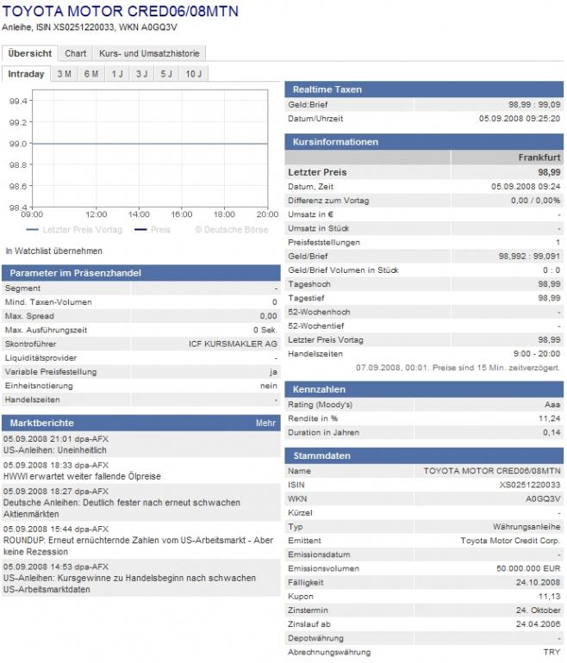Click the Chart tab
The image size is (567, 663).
[x=76, y=53]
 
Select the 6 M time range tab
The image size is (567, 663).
[x=90, y=74]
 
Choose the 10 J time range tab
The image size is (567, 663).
[x=194, y=74]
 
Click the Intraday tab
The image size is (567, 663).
[x=26, y=74]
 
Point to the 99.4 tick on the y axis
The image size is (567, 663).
[x=19, y=101]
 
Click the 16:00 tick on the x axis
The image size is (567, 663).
[x=181, y=214]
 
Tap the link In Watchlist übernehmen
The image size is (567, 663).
[x=53, y=251]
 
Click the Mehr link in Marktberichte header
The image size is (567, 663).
[x=265, y=423]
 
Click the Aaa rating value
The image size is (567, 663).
[x=551, y=405]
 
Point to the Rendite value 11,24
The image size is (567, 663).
[x=550, y=418]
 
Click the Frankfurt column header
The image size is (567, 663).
[x=539, y=158]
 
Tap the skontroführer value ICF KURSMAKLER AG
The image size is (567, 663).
[x=233, y=344]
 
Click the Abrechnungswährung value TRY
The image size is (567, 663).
[x=551, y=652]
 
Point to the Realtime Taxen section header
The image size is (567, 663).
[x=327, y=90]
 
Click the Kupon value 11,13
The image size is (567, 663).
[x=550, y=596]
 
